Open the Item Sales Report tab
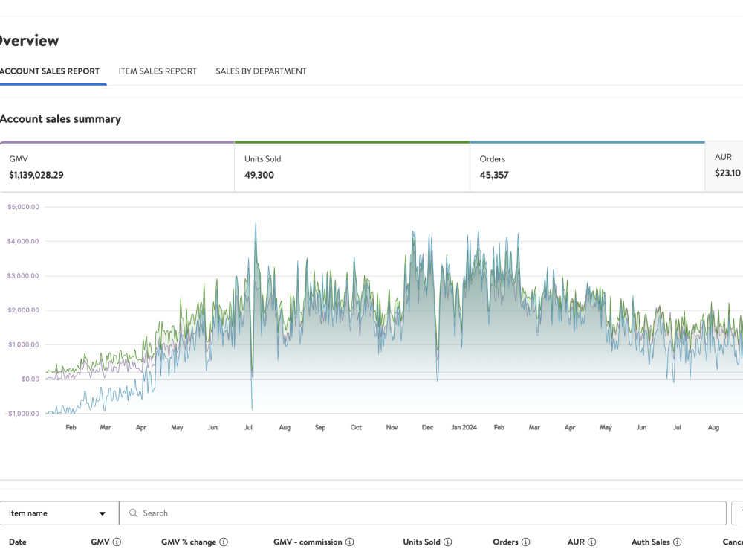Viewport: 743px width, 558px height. [158, 71]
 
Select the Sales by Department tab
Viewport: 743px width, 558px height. [261, 71]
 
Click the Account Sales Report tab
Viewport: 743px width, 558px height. [49, 71]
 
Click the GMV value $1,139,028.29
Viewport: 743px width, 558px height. [36, 175]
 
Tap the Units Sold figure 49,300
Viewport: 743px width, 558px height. [259, 175]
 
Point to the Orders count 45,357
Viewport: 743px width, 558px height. [494, 175]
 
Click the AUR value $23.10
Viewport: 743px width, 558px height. [727, 173]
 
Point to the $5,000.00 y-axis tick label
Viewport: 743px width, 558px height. [23, 207]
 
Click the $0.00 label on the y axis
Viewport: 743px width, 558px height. [30, 379]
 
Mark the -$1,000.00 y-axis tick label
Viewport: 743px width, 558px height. [22, 413]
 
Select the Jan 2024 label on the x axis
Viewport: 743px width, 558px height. [464, 427]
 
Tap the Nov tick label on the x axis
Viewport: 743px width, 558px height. [392, 427]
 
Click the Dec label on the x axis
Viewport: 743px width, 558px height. [427, 427]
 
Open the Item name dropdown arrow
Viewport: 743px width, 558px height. [103, 513]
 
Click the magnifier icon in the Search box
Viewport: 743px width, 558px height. [133, 513]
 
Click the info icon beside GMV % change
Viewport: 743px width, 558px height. [224, 542]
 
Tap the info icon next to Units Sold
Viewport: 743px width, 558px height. [448, 542]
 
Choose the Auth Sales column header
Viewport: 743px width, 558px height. [651, 542]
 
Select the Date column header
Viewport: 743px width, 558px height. [18, 542]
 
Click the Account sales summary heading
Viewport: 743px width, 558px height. [60, 119]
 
